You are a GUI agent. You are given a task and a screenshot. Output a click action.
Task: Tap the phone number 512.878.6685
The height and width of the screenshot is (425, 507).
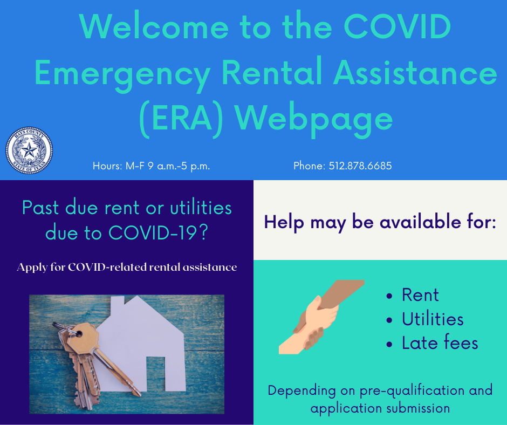pyautogui.click(x=342, y=166)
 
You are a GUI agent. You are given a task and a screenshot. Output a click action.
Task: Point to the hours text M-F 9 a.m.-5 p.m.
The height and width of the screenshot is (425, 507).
pyautogui.click(x=151, y=166)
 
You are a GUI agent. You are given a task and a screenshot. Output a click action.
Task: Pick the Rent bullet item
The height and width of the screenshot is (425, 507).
pyautogui.click(x=420, y=295)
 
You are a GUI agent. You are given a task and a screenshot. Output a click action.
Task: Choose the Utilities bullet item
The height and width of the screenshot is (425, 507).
pyautogui.click(x=433, y=319)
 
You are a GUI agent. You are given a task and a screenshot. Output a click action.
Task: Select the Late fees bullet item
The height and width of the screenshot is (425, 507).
pyautogui.click(x=440, y=343)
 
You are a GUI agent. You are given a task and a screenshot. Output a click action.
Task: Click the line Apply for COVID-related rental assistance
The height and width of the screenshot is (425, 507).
pyautogui.click(x=127, y=267)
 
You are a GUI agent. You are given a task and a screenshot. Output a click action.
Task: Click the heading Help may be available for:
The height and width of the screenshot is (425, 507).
pyautogui.click(x=380, y=222)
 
